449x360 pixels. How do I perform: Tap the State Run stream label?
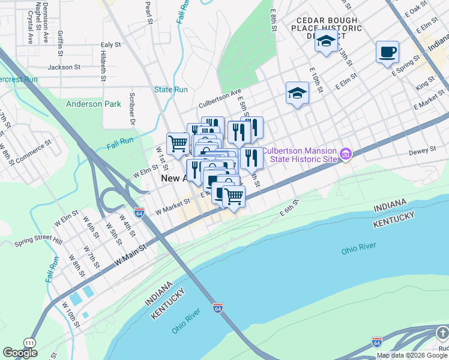(171, 90)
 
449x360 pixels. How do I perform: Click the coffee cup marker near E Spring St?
(387, 52)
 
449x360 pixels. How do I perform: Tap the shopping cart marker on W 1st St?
(178, 144)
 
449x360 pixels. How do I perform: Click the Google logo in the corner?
(20, 353)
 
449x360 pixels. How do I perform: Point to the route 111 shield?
(28, 341)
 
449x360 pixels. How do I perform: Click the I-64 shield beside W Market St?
(139, 213)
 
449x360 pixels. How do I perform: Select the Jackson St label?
(64, 67)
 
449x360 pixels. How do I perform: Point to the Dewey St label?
(424, 151)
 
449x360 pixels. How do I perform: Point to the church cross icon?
(441, 332)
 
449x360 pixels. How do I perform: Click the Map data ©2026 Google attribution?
(412, 355)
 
